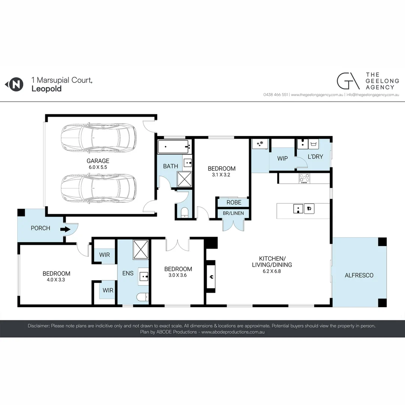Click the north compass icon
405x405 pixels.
15,84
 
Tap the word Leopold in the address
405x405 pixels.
46,89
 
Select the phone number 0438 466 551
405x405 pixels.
276,95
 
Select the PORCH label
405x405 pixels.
40,228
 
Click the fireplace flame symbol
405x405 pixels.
211,277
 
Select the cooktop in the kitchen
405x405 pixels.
304,178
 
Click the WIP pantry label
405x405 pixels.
282,158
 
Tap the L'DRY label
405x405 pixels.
315,157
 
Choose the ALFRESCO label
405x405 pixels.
359,275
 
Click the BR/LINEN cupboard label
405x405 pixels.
233,213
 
